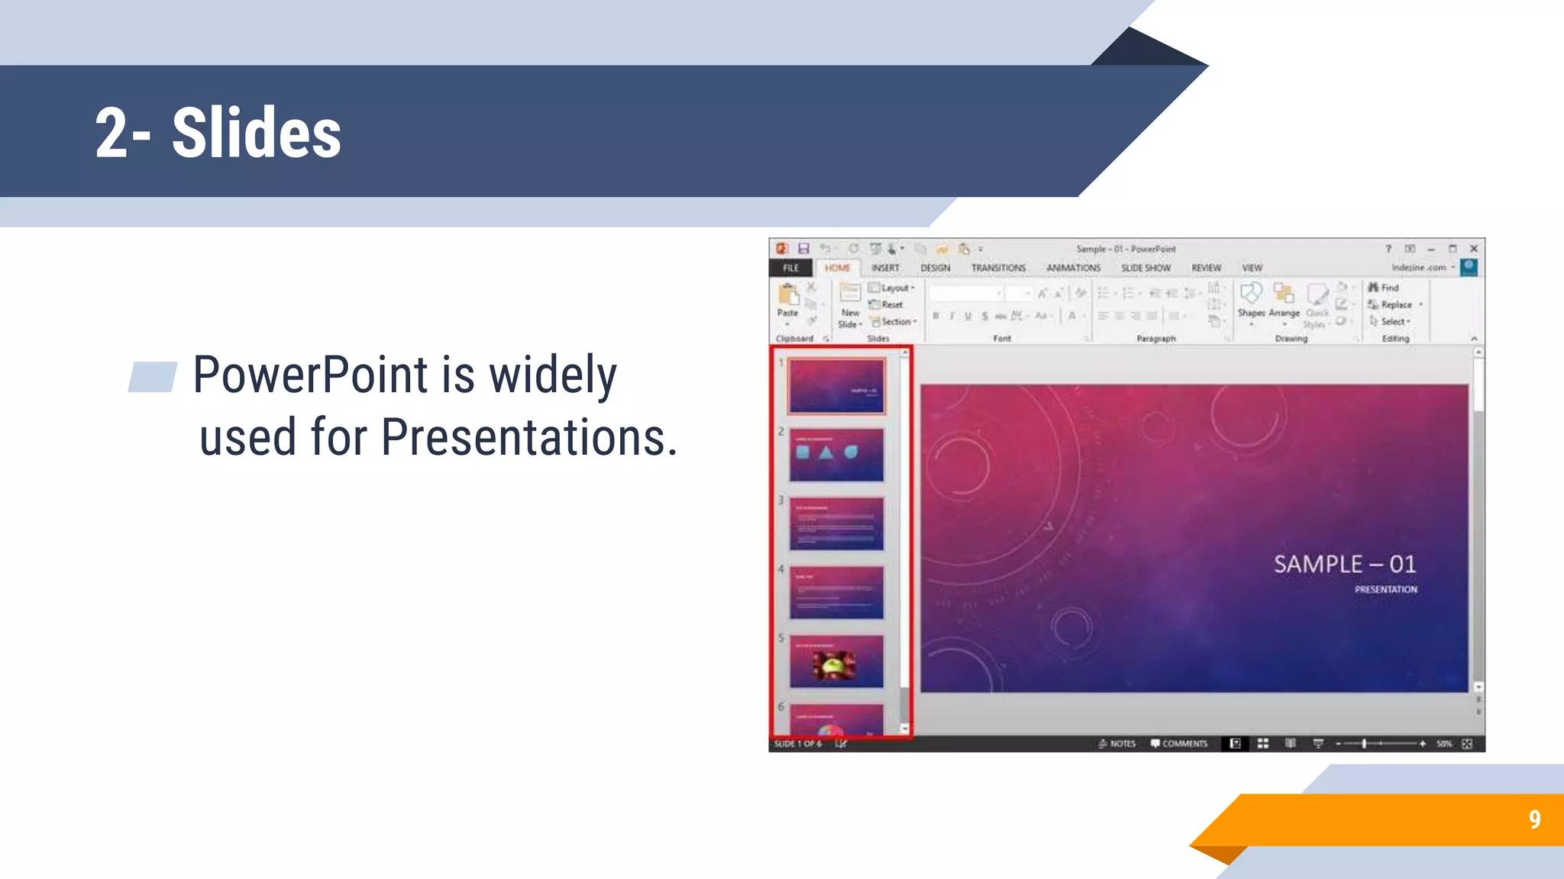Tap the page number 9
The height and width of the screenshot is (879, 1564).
[1534, 819]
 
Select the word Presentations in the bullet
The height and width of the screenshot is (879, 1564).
[528, 437]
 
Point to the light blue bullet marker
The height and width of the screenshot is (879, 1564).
[152, 376]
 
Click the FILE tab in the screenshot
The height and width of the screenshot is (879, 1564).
[790, 268]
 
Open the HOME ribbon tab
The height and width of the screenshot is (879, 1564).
[837, 268]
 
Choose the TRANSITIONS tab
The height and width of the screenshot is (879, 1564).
[997, 268]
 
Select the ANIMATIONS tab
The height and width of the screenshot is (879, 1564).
[1073, 268]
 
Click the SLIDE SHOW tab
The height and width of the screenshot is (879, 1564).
[1145, 268]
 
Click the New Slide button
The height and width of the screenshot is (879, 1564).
[850, 305]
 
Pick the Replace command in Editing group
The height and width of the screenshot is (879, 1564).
[1395, 304]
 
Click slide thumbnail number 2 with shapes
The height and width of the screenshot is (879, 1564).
[836, 455]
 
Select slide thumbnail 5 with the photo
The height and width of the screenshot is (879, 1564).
[836, 661]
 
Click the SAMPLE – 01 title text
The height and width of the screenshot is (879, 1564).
[1344, 564]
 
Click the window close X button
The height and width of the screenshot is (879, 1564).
[1474, 249]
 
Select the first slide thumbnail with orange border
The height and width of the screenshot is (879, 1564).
[836, 386]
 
